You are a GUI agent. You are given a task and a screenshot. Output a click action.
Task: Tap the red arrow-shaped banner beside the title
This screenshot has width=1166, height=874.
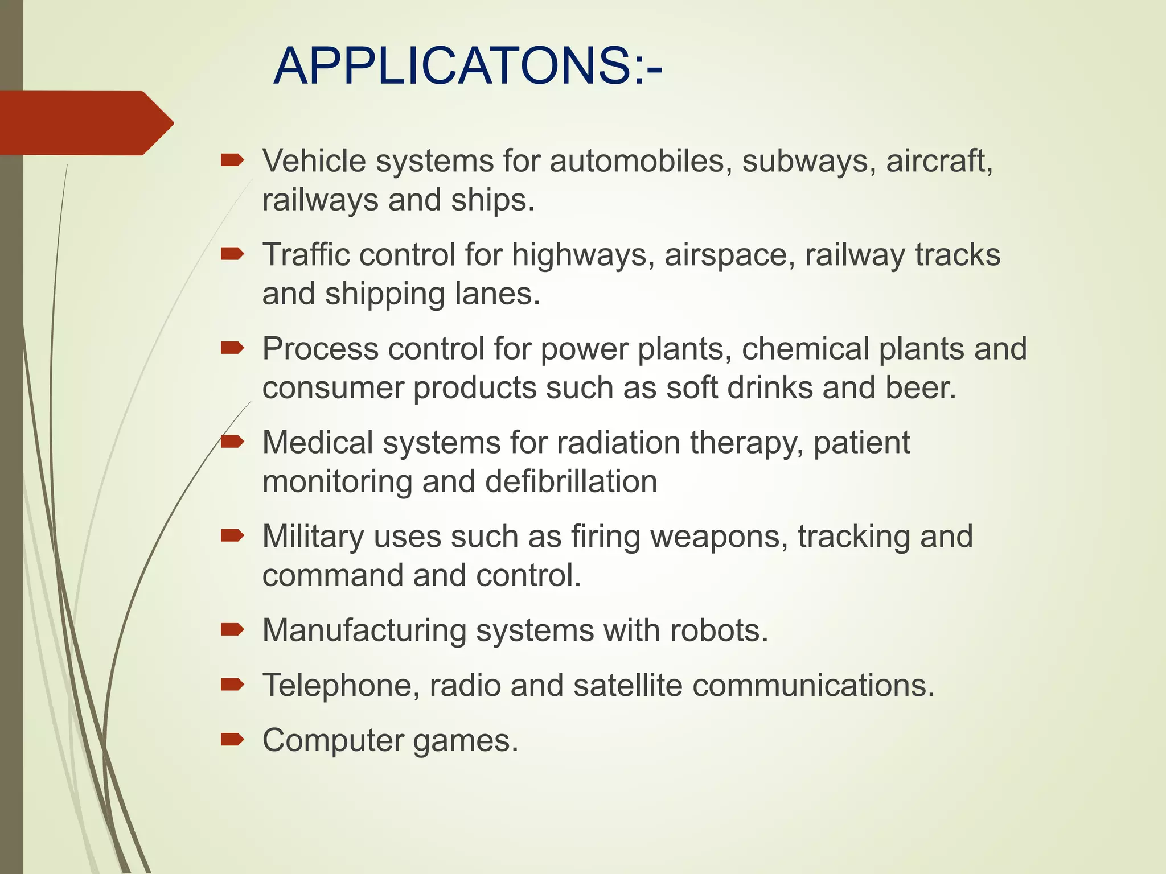coord(85,123)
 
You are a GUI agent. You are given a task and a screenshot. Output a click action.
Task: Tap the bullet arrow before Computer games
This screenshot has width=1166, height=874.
coord(232,740)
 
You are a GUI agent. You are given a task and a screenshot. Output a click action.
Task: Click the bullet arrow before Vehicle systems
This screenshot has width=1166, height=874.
coord(232,161)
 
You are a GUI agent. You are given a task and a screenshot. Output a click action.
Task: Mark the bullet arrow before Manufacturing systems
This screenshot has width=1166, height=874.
coord(232,629)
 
